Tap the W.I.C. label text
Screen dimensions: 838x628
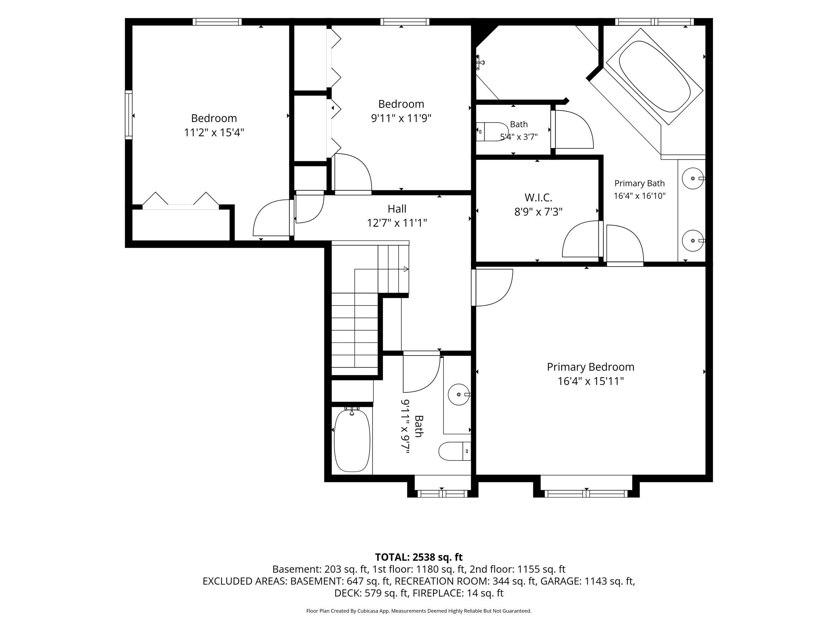[x=538, y=197]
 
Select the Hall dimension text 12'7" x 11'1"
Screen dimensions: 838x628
[x=397, y=223]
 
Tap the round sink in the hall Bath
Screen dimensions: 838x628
[x=459, y=394]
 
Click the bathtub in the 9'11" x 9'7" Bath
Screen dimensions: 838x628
[x=352, y=440]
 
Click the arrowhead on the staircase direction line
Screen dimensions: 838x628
[x=406, y=269]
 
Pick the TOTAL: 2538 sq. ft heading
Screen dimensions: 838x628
[x=419, y=557]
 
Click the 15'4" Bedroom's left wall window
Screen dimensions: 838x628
[x=129, y=115]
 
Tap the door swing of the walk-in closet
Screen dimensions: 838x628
[x=580, y=239]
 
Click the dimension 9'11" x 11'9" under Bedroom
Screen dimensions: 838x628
[x=401, y=118]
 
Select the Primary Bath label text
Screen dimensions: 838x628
[x=640, y=183]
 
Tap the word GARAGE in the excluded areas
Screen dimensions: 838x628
[x=560, y=581]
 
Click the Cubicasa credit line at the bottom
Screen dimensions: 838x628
[x=419, y=611]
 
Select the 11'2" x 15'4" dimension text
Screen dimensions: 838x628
[x=214, y=133]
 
